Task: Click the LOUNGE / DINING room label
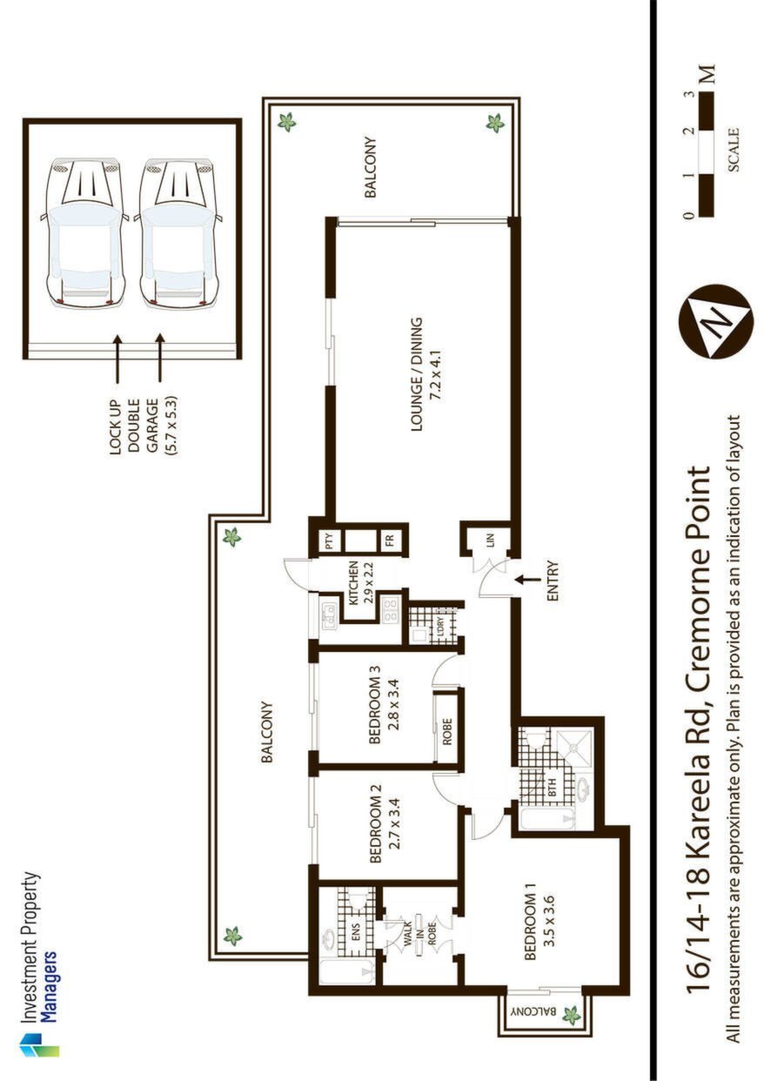[x=416, y=373]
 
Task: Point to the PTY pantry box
[x=331, y=540]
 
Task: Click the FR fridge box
[x=390, y=540]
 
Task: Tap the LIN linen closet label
[x=492, y=541]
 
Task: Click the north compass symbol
[x=715, y=321]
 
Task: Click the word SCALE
[x=734, y=150]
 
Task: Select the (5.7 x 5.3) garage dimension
[x=171, y=424]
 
